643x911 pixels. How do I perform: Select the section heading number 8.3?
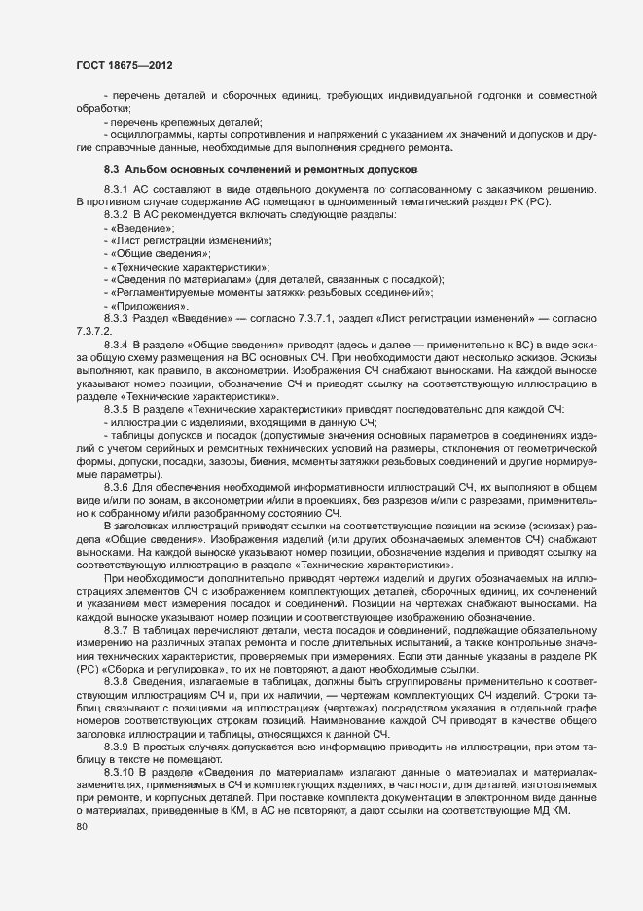[x=112, y=171]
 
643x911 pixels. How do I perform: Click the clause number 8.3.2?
[x=116, y=214]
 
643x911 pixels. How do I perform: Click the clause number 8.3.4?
[x=116, y=346]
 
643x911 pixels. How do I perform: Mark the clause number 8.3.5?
[x=116, y=411]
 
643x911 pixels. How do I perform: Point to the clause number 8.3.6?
[x=116, y=487]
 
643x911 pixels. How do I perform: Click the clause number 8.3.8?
[x=116, y=681]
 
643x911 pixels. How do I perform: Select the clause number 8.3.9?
[x=116, y=746]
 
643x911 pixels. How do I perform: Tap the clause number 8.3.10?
[x=119, y=772]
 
